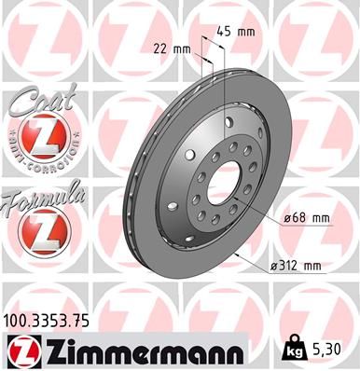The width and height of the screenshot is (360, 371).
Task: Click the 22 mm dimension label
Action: point(171,48)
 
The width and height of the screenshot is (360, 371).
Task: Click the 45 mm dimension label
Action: point(238,31)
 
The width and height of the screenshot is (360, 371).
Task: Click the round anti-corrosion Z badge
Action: point(42,139)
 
